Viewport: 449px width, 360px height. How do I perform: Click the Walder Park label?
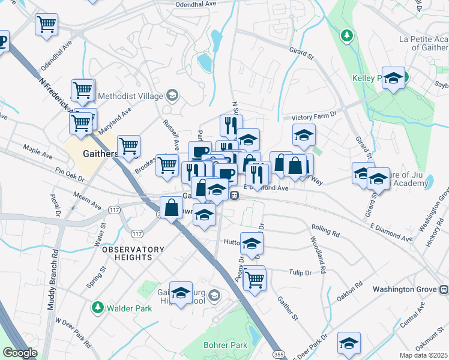pos(129,308)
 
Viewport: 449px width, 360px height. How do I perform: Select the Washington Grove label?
pos(404,289)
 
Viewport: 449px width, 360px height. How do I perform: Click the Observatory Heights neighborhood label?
pos(133,253)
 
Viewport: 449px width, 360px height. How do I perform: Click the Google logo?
pos(20,353)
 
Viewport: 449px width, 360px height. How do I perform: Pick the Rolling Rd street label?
pos(325,228)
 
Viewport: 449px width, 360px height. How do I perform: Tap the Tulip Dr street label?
pos(300,272)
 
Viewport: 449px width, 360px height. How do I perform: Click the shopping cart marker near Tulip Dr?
pos(255,278)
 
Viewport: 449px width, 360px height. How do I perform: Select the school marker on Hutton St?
pos(252,243)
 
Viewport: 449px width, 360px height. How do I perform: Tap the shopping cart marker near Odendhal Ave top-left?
pos(46,25)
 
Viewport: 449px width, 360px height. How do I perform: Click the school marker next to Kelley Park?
pos(393,78)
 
